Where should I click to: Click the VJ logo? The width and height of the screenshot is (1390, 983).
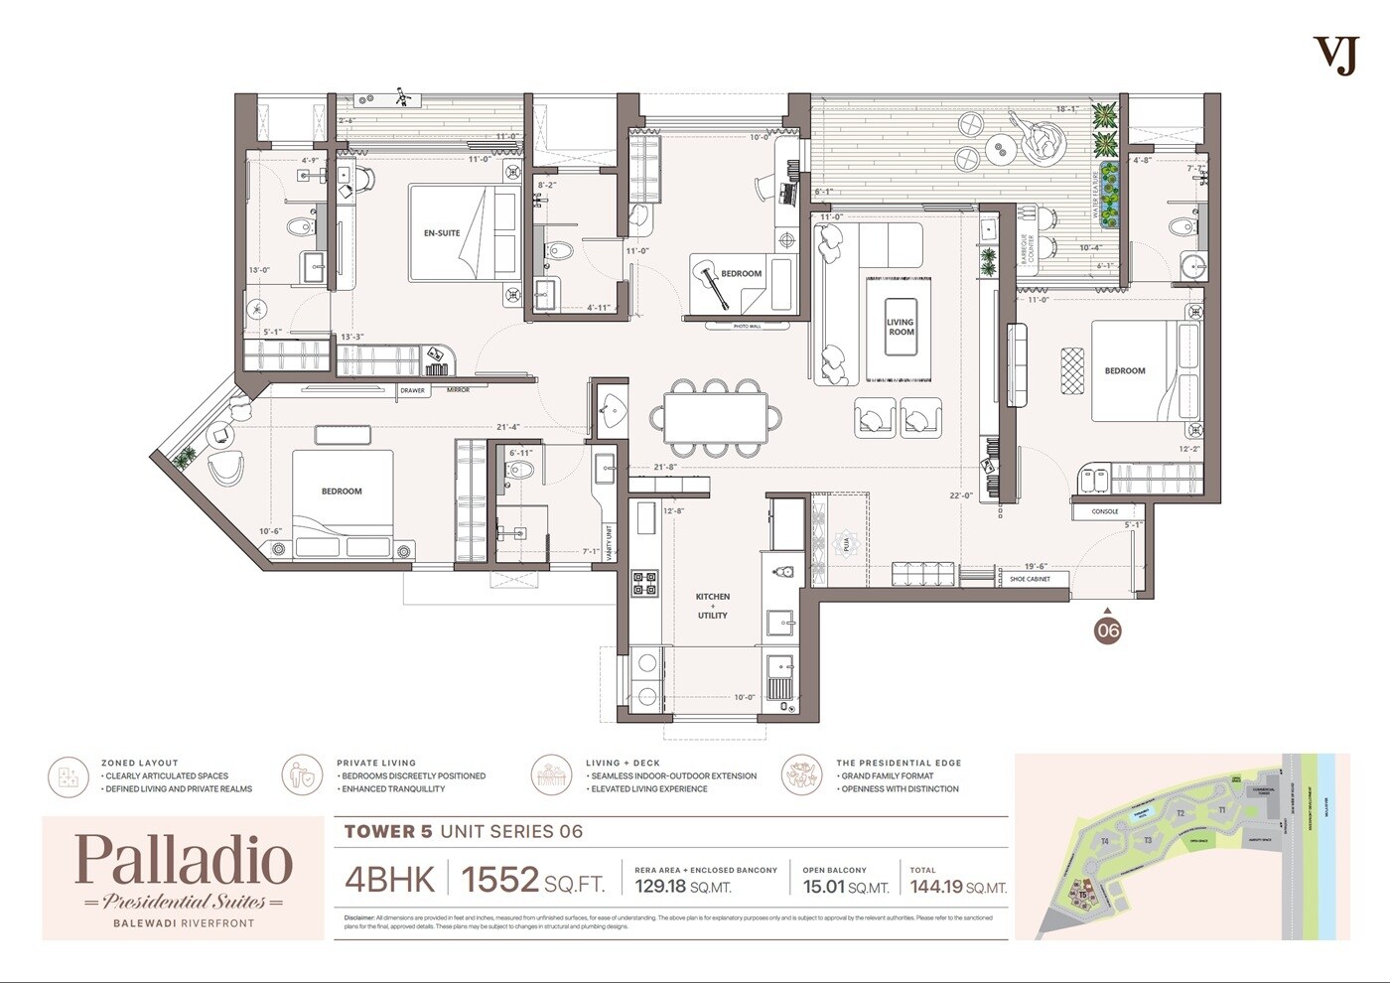pos(1335,56)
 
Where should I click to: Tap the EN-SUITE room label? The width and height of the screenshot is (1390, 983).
pos(442,233)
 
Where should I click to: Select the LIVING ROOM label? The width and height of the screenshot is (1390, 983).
pos(901,327)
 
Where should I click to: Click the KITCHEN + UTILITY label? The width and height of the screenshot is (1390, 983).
pos(712,606)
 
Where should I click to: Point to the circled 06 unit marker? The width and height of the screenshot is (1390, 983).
pos(1107,631)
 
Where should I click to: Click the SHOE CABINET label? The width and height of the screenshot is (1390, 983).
pos(1030,579)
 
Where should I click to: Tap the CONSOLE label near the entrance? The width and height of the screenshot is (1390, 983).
pos(1105,512)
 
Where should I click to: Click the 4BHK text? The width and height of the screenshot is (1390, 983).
pos(389,880)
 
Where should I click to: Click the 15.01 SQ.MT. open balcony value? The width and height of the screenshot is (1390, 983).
pos(845,887)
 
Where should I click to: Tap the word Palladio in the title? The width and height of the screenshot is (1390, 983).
pos(184,860)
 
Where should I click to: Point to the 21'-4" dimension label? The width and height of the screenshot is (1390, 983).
pos(508,427)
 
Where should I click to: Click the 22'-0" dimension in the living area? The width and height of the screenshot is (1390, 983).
pos(960,496)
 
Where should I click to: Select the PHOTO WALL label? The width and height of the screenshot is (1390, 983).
pos(747,326)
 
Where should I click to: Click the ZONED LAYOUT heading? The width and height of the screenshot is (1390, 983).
pos(140,763)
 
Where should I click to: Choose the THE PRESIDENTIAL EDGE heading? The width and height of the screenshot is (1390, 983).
pos(899,763)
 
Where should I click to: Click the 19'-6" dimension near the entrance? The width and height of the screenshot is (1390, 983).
pos(1036,566)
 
